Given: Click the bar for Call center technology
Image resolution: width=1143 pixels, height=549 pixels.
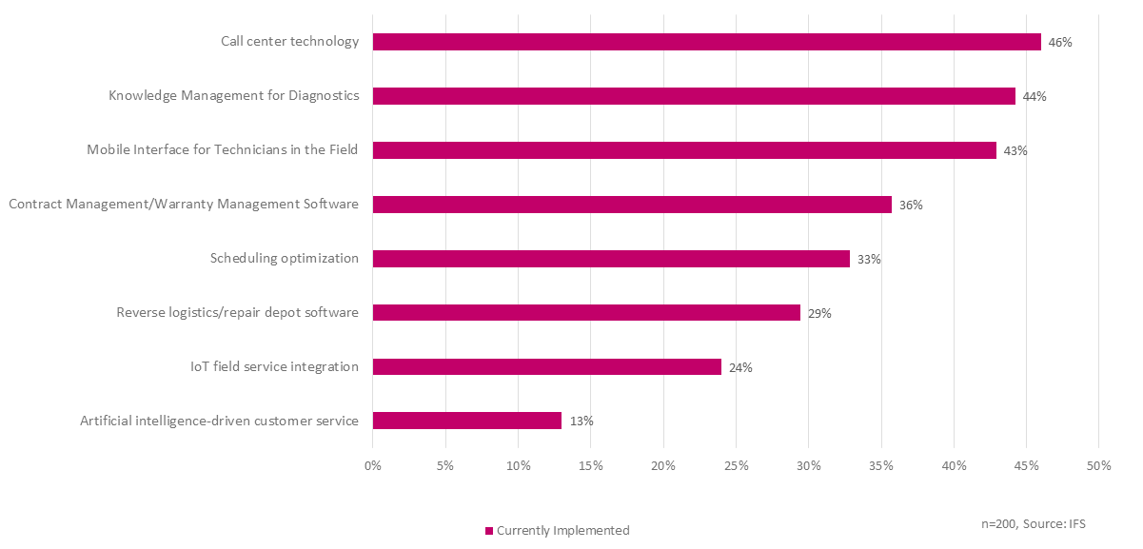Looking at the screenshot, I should [x=706, y=42].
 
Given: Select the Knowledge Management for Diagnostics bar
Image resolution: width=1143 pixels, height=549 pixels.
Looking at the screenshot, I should [x=694, y=96].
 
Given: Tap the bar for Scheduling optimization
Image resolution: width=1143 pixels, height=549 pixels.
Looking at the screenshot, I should [x=611, y=259].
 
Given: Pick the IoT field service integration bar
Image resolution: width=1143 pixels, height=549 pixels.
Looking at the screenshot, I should [x=546, y=366].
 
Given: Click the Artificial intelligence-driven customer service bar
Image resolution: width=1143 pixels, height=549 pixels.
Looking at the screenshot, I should [x=466, y=421].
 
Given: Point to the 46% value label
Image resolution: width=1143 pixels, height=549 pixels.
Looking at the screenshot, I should [x=1060, y=43].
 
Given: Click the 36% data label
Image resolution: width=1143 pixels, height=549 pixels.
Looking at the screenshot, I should [x=911, y=205].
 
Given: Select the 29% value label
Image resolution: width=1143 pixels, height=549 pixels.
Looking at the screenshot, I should [x=819, y=313].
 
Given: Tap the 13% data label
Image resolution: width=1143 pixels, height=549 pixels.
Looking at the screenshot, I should [x=581, y=421].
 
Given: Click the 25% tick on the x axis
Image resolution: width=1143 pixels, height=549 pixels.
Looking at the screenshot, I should [x=736, y=465].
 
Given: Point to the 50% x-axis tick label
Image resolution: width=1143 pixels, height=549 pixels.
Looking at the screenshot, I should [x=1098, y=465].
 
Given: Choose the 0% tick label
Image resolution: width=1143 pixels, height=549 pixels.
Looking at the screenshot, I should [x=373, y=465].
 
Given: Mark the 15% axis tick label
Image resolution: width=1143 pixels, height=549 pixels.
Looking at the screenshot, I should [x=590, y=465].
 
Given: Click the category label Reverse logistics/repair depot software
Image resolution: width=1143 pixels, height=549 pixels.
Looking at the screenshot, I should [x=237, y=313].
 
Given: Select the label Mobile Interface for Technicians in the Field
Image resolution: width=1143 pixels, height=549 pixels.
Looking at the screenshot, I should [x=223, y=150].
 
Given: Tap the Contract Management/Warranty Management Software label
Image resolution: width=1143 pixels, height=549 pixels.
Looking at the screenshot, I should [x=184, y=205].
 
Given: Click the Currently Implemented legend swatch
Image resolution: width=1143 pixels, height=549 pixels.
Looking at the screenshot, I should [x=489, y=531].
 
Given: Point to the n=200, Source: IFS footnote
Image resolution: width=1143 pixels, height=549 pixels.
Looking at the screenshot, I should [x=1035, y=524].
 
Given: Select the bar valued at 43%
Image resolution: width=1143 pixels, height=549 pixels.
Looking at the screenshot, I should [x=684, y=150].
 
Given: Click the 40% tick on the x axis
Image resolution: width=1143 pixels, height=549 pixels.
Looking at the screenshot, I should [x=954, y=465].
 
